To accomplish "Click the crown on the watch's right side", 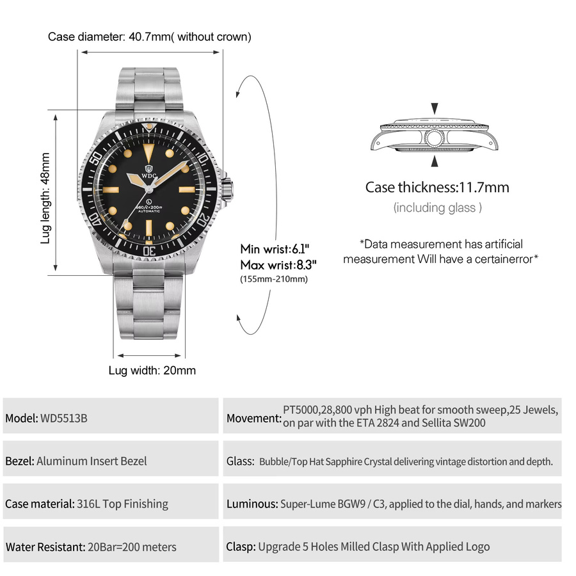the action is click(x=227, y=188).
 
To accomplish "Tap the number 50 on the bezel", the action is click(x=96, y=158).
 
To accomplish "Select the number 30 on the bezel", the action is click(x=149, y=251).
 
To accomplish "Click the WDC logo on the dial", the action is click(x=148, y=172).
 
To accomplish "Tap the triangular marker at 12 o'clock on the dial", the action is click(x=148, y=153).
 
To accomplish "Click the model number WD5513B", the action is click(x=64, y=419).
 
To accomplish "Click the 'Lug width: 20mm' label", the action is click(x=152, y=371).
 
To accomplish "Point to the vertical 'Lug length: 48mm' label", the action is click(x=45, y=198).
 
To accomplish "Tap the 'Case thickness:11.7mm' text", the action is click(x=437, y=188).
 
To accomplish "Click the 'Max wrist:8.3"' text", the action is click(x=278, y=264).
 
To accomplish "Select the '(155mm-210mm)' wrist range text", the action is click(x=274, y=279).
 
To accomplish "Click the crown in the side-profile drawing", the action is click(x=434, y=138).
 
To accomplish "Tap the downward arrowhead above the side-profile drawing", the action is click(x=435, y=108).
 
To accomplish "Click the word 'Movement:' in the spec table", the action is click(x=254, y=419).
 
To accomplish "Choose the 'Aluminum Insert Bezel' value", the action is click(x=92, y=461).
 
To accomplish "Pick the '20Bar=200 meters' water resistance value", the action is click(x=132, y=547).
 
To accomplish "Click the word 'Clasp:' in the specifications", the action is click(x=241, y=547).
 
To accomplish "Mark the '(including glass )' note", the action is click(x=438, y=207).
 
